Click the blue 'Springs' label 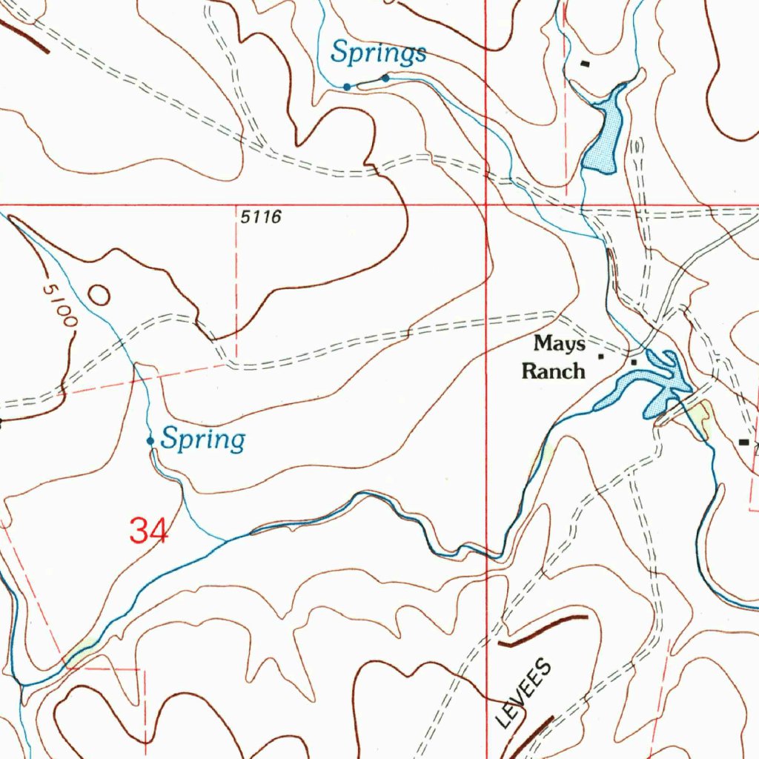(x=378, y=53)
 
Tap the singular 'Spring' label (x=203, y=440)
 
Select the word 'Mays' (x=560, y=344)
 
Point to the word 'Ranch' (x=553, y=371)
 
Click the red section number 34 (x=149, y=531)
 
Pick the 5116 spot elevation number (x=261, y=217)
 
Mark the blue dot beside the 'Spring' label (x=150, y=441)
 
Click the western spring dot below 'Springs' (x=347, y=87)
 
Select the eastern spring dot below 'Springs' (x=385, y=78)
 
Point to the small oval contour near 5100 (x=99, y=296)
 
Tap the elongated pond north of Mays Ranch (x=604, y=133)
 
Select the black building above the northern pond (x=586, y=64)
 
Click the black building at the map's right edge (x=744, y=442)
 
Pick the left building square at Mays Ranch (x=601, y=357)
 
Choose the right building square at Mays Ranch (x=634, y=362)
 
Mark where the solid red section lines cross (x=485, y=204)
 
